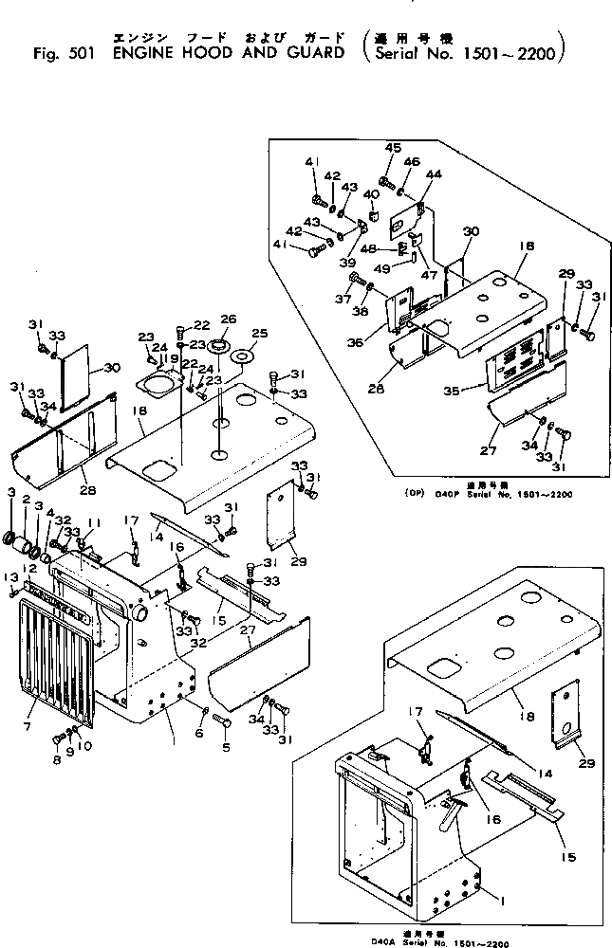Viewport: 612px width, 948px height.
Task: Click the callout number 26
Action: pyautogui.click(x=228, y=319)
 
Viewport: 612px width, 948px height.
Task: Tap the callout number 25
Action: pyautogui.click(x=260, y=334)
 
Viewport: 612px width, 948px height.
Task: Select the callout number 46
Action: pyautogui.click(x=411, y=162)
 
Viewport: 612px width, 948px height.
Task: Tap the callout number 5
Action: pyautogui.click(x=227, y=748)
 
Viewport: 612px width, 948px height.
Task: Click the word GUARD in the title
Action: pyautogui.click(x=316, y=52)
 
